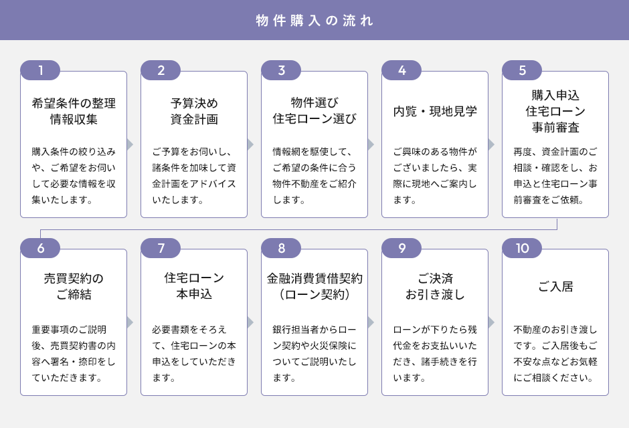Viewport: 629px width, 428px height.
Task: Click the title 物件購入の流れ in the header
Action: pyautogui.click(x=314, y=20)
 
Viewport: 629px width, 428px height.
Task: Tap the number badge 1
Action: pyautogui.click(x=40, y=71)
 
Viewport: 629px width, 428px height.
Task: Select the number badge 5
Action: pyautogui.click(x=522, y=71)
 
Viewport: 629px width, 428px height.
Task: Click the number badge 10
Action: pyautogui.click(x=522, y=249)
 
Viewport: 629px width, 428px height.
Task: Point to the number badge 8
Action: pyautogui.click(x=281, y=249)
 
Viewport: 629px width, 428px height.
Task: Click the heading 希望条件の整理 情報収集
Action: pyautogui.click(x=74, y=112)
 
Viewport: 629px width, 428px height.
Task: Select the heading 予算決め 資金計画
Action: pyautogui.click(x=194, y=112)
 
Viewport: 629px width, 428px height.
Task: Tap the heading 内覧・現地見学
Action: pyautogui.click(x=435, y=112)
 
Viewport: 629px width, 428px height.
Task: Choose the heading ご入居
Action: pyautogui.click(x=555, y=287)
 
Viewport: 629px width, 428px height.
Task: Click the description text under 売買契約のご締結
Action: pyautogui.click(x=74, y=354)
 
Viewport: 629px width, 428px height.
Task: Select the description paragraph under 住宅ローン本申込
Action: pyautogui.click(x=194, y=354)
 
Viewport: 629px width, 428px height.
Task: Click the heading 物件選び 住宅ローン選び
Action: pyautogui.click(x=314, y=112)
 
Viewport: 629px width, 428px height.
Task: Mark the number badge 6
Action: pyautogui.click(x=40, y=249)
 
